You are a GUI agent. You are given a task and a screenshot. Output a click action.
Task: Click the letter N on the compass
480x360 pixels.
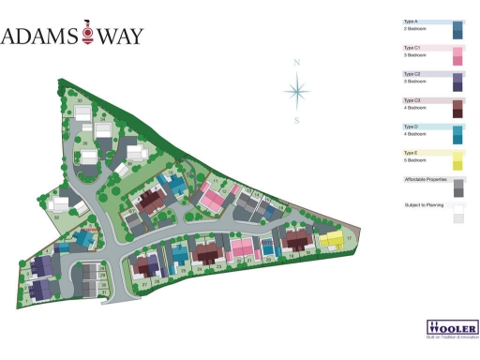[x=296, y=63]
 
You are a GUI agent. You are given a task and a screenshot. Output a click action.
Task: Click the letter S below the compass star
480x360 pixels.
[x=296, y=120]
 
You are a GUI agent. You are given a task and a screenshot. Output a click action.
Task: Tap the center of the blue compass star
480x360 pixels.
[x=296, y=91]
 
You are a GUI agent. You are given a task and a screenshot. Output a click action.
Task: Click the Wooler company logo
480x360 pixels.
[x=453, y=329]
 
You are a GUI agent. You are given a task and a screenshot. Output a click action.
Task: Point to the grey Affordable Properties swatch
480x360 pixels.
[x=458, y=188]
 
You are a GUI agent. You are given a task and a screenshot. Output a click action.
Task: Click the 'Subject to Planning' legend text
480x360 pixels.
[x=422, y=205]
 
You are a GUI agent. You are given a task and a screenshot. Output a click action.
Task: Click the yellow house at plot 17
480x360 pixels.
[x=331, y=238]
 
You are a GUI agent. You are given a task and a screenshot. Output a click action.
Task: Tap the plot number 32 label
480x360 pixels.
[x=57, y=217]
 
